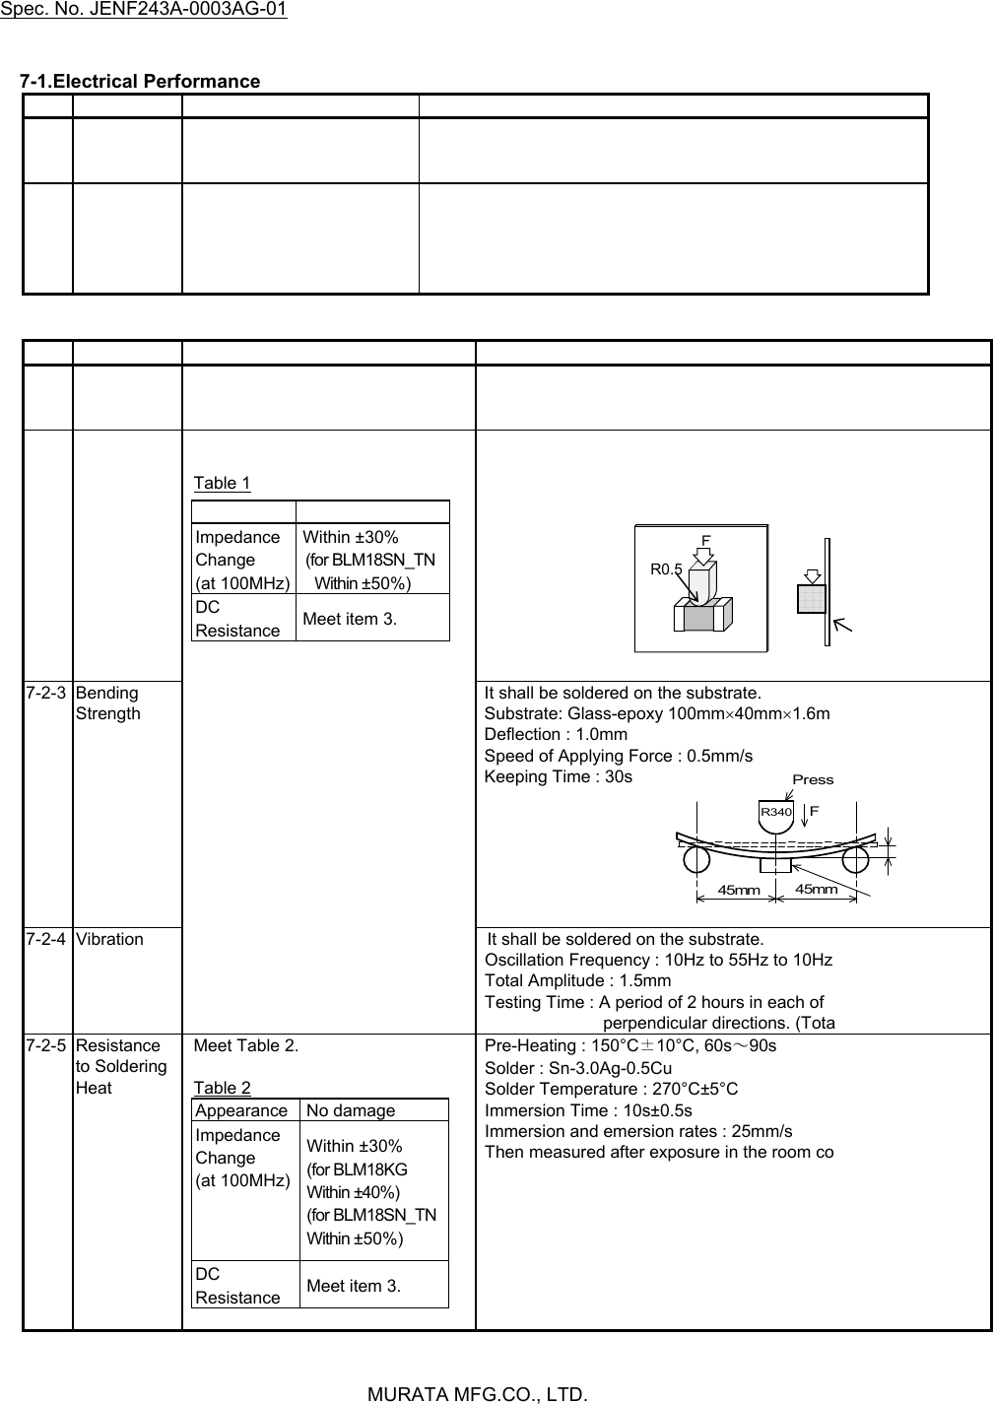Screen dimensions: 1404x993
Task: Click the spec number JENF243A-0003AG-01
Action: [x=144, y=11]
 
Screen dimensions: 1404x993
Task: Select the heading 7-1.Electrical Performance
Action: [x=141, y=81]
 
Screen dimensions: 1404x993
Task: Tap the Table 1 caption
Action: [x=222, y=483]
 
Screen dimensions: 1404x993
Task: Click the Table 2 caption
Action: [x=222, y=1088]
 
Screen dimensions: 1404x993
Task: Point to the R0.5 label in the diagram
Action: [x=666, y=569]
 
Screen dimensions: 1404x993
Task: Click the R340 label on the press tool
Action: [x=775, y=812]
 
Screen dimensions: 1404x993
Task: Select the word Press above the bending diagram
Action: [x=813, y=779]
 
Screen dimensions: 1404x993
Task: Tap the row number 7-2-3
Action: [x=47, y=693]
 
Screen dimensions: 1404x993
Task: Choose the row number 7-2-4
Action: [x=47, y=939]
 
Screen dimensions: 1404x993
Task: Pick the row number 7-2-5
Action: [x=47, y=1045]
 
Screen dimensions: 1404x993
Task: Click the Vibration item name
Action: [x=109, y=939]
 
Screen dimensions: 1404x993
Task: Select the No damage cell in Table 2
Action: [x=350, y=1110]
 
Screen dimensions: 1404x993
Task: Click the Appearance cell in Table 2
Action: [x=241, y=1110]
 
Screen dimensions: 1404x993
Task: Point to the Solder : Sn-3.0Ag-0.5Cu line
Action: [x=578, y=1067]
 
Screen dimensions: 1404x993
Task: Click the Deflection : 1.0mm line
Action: [x=556, y=734]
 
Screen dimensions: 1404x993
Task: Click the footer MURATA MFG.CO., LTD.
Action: [x=478, y=1394]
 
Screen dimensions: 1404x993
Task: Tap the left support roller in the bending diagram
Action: [x=696, y=859]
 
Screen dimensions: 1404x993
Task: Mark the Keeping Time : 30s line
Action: [x=558, y=776]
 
